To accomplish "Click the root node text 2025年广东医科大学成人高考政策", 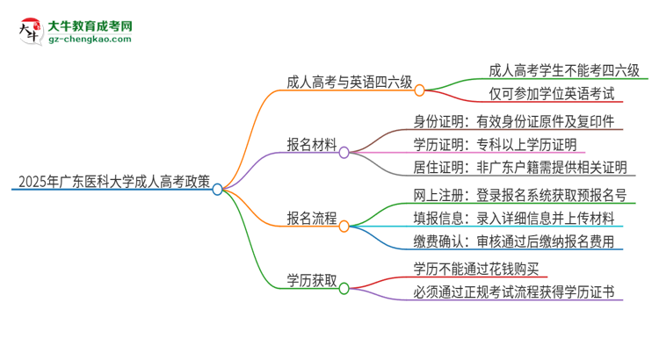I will [111, 184].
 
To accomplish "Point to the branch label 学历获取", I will [311, 281].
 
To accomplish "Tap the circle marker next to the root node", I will [218, 189].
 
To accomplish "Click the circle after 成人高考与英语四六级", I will [420, 90].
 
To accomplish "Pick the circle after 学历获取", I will [344, 287].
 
